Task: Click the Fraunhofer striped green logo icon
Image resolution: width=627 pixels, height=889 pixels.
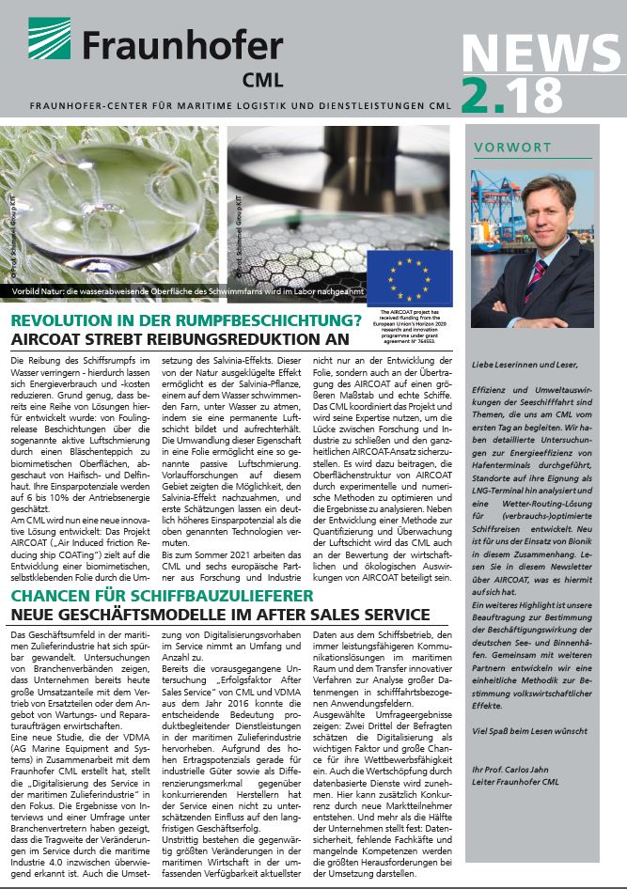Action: point(48,39)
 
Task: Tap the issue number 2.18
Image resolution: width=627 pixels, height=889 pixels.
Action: point(512,96)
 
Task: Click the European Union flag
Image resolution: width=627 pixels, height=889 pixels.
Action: point(409,278)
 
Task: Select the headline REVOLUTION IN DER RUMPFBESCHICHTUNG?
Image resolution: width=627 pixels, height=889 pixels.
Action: point(186,321)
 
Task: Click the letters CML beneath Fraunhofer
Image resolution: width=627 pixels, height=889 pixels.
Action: point(260,78)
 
